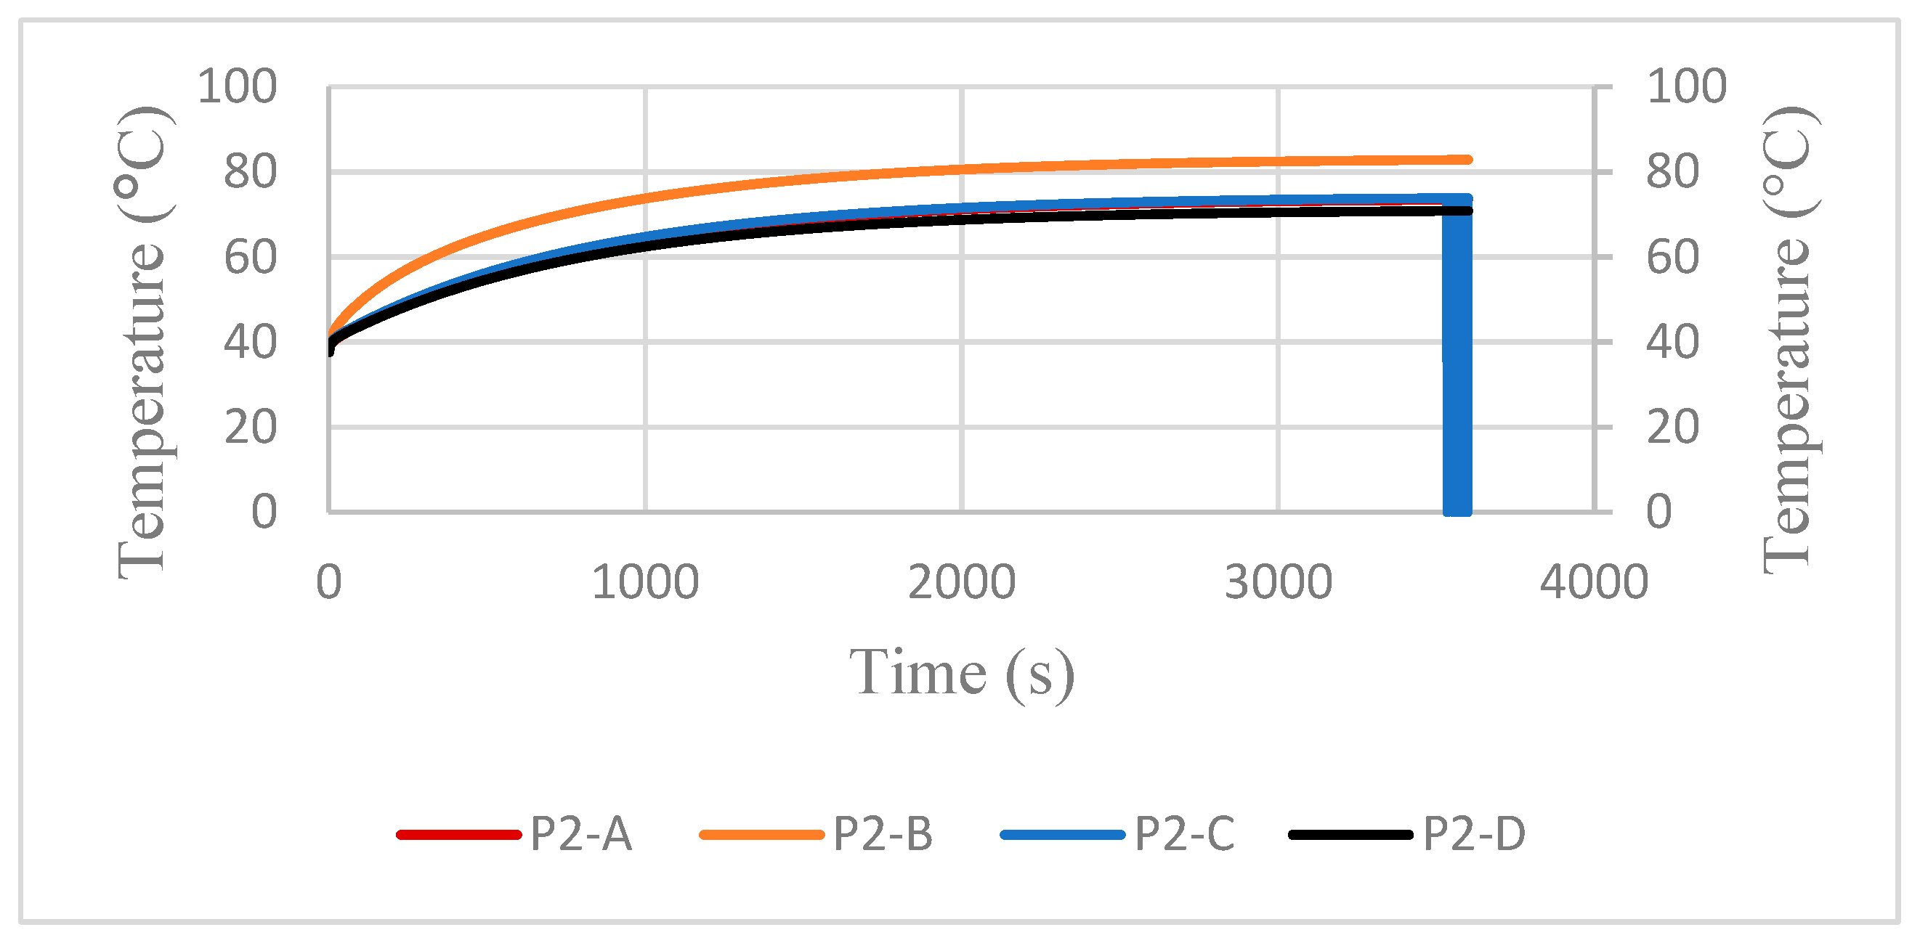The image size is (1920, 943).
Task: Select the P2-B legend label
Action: pos(883,833)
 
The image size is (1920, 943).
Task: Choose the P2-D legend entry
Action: pos(1473,833)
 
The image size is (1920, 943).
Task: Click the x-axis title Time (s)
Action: pos(962,674)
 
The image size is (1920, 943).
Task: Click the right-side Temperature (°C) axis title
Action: pos(1789,340)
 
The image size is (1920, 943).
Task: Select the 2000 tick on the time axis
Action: pos(962,582)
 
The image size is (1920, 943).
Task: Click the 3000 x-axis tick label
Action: pos(1279,582)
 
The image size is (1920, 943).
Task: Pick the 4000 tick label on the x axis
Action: pos(1595,582)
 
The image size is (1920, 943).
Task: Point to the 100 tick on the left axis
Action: pos(237,86)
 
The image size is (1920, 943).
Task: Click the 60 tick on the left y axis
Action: pos(251,258)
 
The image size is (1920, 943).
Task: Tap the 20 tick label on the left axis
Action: pos(251,428)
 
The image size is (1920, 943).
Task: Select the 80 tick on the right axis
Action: pos(1672,172)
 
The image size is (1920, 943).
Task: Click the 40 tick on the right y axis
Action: pos(1672,343)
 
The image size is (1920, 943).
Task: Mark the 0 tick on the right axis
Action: pos(1659,512)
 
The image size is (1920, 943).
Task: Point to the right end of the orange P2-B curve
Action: pos(1467,160)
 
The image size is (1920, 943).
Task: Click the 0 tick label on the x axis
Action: pos(328,582)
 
